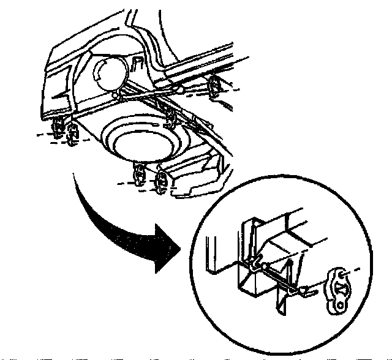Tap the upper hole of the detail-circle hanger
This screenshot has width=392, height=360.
point(336,273)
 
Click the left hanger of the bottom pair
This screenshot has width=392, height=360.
point(138,174)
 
